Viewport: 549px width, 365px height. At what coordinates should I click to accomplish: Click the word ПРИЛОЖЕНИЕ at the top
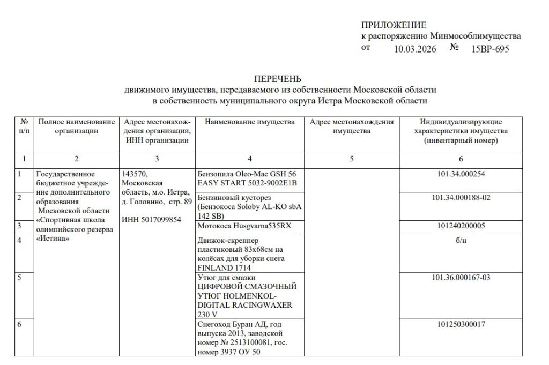[x=394, y=25]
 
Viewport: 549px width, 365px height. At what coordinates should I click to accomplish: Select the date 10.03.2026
[x=415, y=49]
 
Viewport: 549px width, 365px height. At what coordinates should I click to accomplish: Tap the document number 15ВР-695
[x=490, y=49]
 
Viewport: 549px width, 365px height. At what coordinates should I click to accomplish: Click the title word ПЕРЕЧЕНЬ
[x=278, y=79]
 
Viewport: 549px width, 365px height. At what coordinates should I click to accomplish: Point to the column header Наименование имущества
[x=250, y=122]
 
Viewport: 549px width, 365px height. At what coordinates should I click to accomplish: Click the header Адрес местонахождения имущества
[x=352, y=126]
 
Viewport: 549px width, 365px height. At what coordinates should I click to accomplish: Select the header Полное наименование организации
[x=76, y=126]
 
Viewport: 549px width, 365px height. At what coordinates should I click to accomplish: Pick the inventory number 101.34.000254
[x=461, y=174]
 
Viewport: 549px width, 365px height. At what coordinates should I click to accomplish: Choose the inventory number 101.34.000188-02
[x=461, y=198]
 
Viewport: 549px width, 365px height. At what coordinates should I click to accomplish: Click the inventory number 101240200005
[x=461, y=226]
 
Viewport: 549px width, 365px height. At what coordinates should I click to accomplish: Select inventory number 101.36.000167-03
[x=461, y=278]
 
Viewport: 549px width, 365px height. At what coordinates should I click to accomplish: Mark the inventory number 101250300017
[x=461, y=324]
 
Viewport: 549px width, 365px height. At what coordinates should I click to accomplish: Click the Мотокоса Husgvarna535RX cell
[x=244, y=226]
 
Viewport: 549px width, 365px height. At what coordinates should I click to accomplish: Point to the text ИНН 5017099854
[x=151, y=220]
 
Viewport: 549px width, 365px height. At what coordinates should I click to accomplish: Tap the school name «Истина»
[x=53, y=240]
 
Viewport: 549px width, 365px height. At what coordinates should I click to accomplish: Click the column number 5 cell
[x=352, y=159]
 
